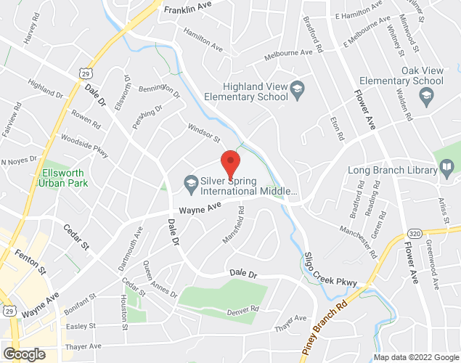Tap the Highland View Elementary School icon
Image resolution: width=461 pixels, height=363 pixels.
pyautogui.click(x=296, y=90)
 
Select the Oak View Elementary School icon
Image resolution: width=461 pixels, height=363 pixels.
pyautogui.click(x=425, y=95)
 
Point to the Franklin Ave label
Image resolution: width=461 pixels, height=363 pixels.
pyautogui.click(x=187, y=10)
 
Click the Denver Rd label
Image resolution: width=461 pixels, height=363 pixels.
pyautogui.click(x=242, y=310)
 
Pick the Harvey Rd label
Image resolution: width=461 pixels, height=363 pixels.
pyautogui.click(x=29, y=31)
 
